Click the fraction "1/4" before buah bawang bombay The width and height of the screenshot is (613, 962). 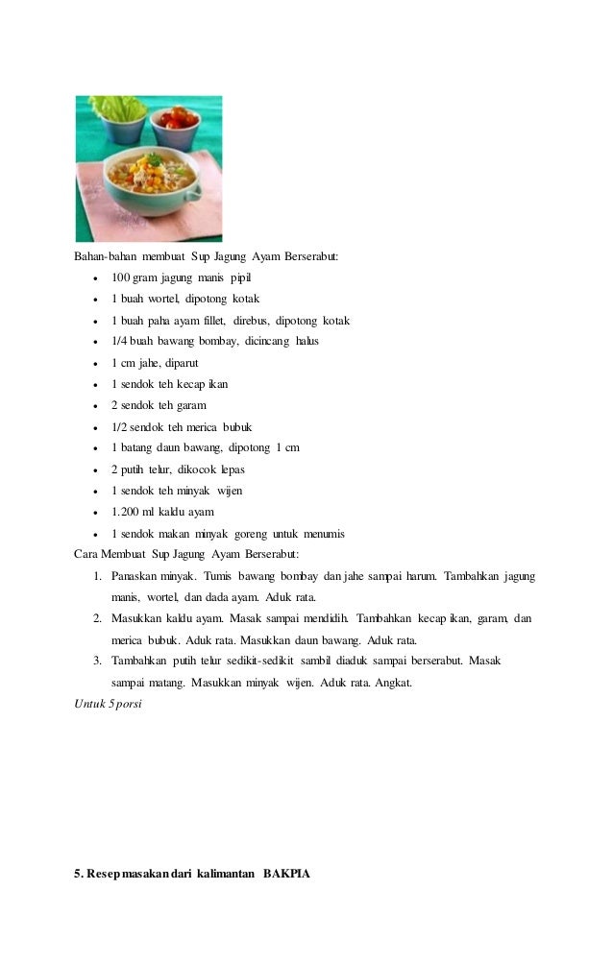click(x=119, y=342)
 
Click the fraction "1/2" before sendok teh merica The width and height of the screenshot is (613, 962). click(x=119, y=427)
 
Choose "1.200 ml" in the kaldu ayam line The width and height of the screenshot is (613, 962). click(x=131, y=512)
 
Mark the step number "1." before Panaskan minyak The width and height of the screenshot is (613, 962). click(x=98, y=576)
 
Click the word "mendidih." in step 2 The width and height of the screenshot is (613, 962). click(x=321, y=619)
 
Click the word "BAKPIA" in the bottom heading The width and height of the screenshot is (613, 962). click(x=287, y=875)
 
